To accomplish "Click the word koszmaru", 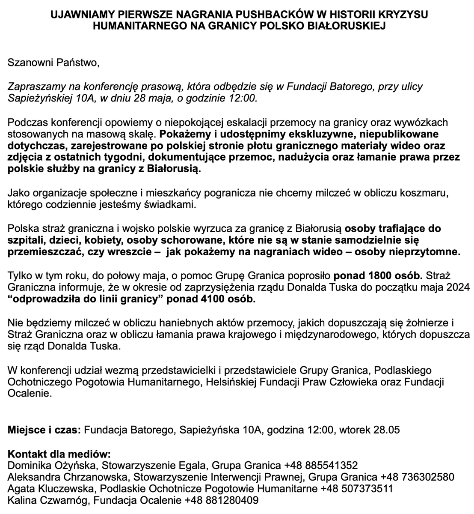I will coord(428,193).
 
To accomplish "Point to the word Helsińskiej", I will coord(229,382).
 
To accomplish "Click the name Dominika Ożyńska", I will coord(49,465).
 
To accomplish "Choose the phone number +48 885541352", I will coord(320,465).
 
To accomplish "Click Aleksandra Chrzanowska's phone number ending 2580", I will coord(417,477).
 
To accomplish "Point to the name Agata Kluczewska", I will coord(47,488).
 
